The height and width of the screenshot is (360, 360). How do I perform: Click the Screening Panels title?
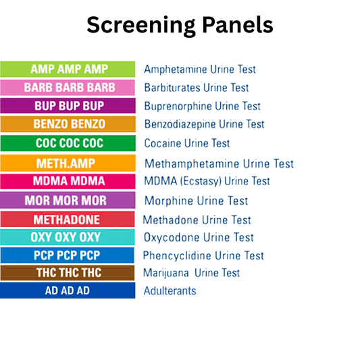click(180, 25)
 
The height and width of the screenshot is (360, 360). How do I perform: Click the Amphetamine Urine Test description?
click(200, 69)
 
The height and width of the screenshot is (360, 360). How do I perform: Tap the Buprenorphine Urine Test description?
click(202, 106)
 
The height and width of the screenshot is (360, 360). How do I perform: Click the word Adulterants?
click(170, 290)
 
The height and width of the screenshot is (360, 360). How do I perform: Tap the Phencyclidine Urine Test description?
click(203, 255)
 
